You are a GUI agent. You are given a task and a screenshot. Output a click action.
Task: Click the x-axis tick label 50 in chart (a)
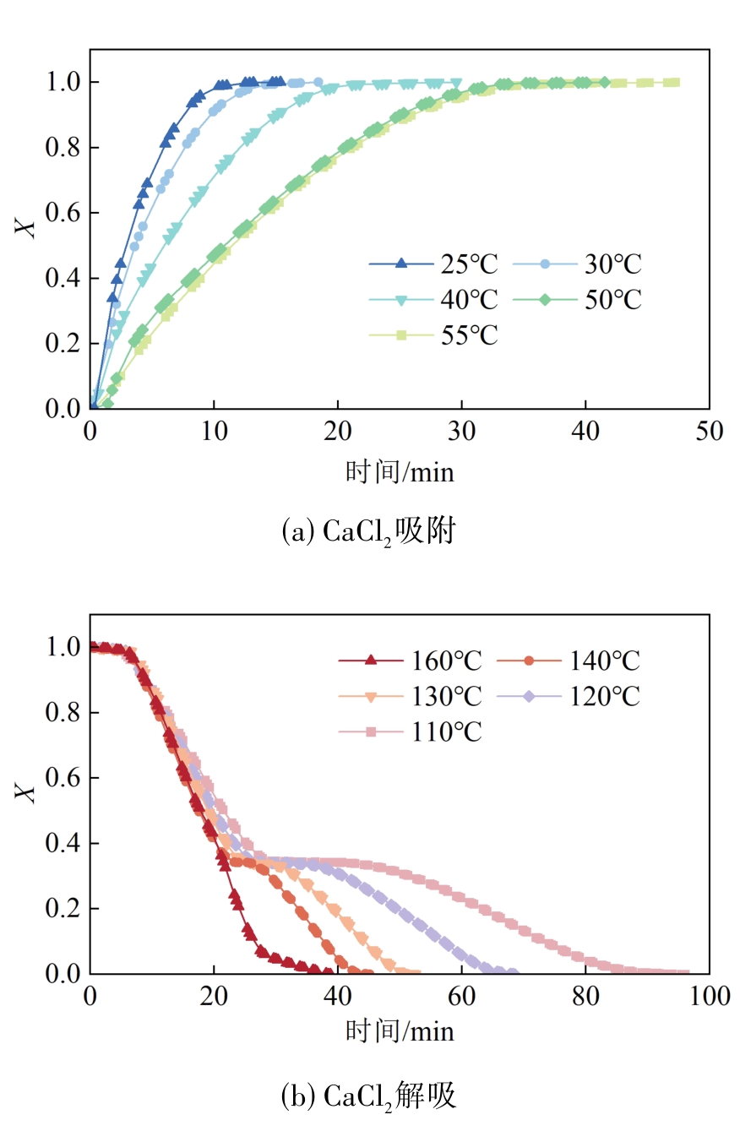[x=709, y=431]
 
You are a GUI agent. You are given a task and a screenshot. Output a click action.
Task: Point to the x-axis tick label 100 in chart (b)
[x=709, y=997]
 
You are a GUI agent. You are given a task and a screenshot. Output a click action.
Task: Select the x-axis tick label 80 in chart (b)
[x=585, y=997]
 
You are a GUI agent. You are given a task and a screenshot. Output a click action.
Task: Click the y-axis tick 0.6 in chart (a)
[x=61, y=213]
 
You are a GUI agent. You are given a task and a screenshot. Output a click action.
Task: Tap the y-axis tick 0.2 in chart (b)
[x=61, y=909]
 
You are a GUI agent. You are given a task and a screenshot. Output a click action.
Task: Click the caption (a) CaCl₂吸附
[x=368, y=532]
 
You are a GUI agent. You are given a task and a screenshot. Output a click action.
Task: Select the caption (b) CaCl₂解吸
[x=368, y=1096]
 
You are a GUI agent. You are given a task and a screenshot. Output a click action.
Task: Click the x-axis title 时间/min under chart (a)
[x=400, y=471]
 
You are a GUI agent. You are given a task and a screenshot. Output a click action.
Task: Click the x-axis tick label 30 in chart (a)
[x=461, y=431]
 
